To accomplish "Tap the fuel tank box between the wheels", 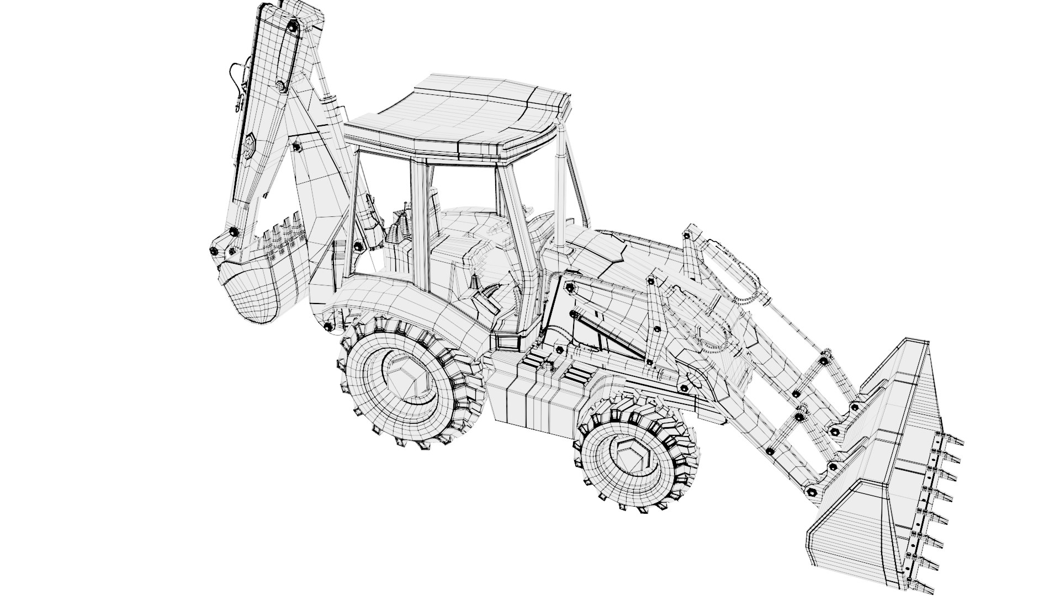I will (530, 406).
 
